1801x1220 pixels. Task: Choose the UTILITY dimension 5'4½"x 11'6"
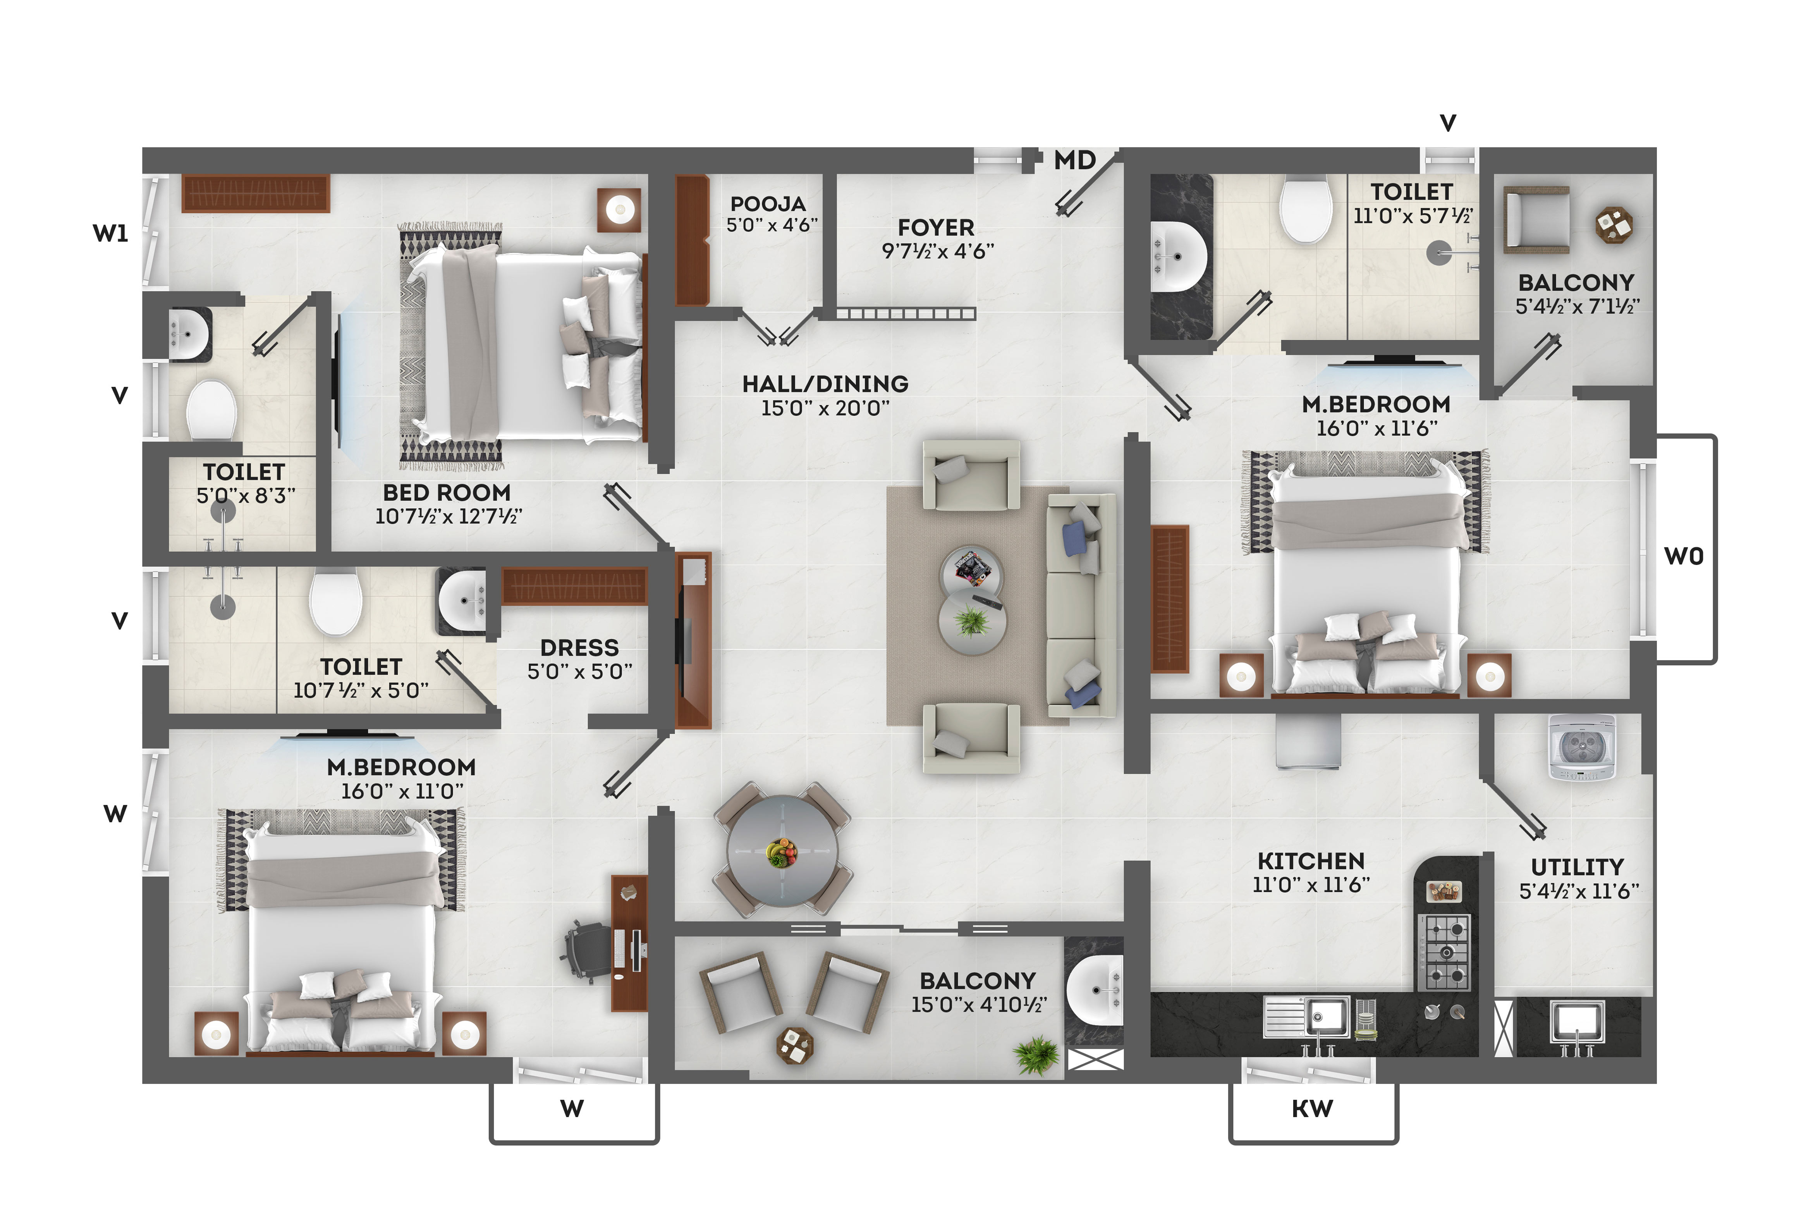1579,891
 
